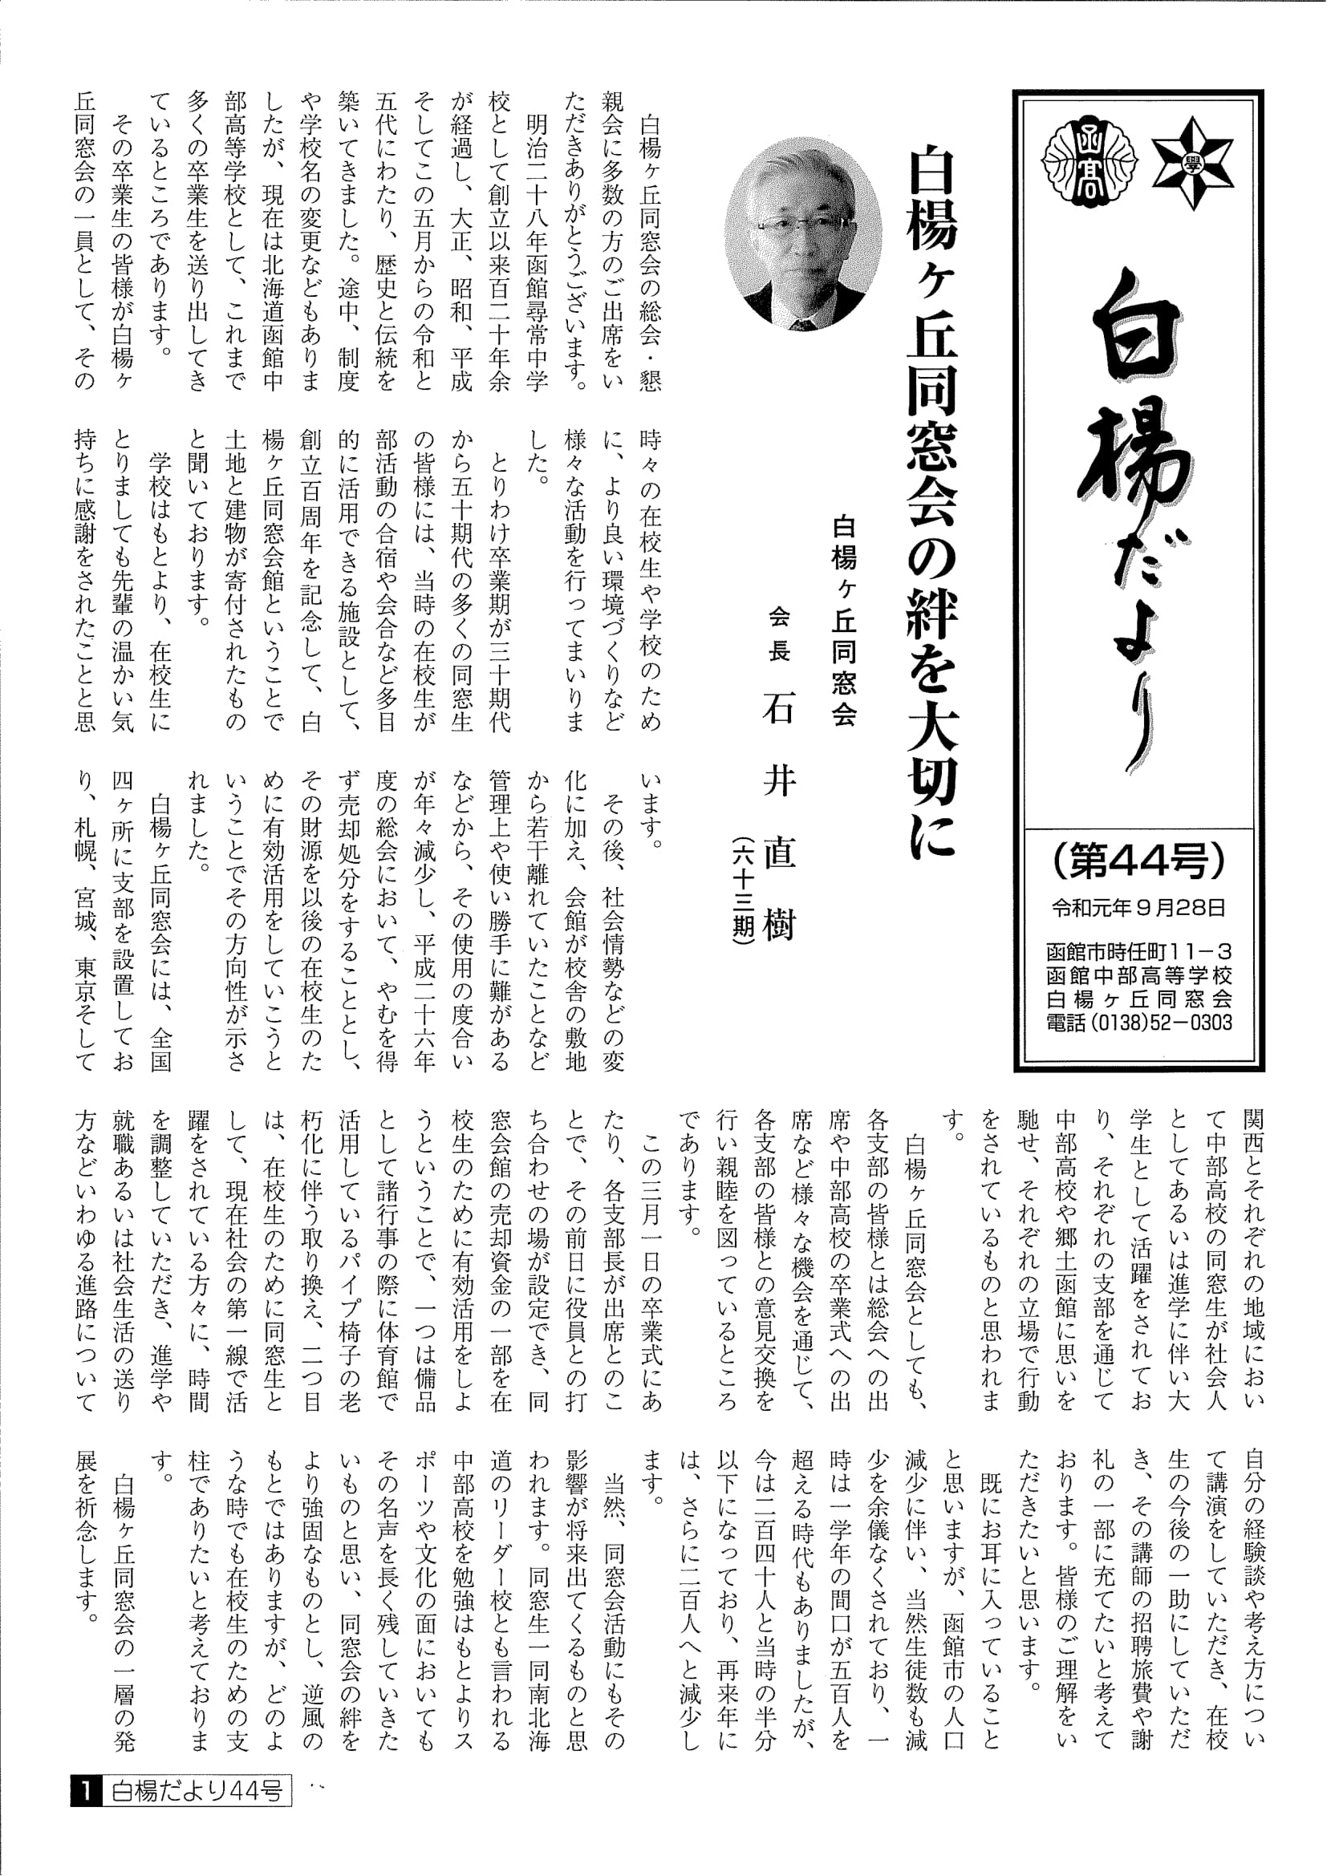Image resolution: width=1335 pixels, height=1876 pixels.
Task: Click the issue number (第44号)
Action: (1138, 861)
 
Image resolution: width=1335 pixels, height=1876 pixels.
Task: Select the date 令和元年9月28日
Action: (1138, 908)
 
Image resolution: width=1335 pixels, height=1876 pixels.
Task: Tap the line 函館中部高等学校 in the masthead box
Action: (1139, 975)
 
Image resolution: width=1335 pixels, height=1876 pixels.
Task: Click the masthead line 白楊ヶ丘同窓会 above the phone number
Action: (1139, 999)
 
